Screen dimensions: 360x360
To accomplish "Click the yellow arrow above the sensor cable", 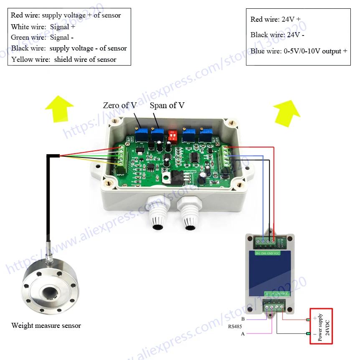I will pyautogui.click(x=58, y=108).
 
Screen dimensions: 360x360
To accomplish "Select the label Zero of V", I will pyautogui.click(x=116, y=106).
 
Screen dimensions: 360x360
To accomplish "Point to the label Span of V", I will pyautogui.click(x=167, y=106).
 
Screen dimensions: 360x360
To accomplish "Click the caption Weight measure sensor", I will pyautogui.click(x=46, y=325).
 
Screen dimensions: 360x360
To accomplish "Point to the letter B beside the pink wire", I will pyautogui.click(x=243, y=319).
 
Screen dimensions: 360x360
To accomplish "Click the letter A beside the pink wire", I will pyautogui.click(x=243, y=334).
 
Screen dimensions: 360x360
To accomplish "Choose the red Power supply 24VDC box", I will pyautogui.click(x=321, y=326).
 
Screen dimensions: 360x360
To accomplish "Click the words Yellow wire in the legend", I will pyautogui.click(x=28, y=59).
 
